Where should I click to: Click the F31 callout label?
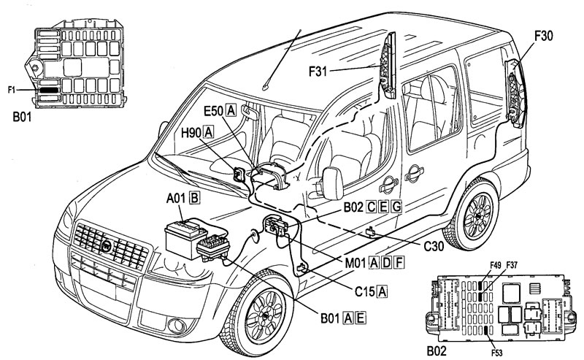click(x=318, y=71)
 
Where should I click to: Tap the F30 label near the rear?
click(x=544, y=36)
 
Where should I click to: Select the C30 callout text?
click(x=434, y=246)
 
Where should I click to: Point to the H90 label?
click(x=191, y=133)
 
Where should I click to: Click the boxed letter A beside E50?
click(x=231, y=111)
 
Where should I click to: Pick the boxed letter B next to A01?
click(x=194, y=198)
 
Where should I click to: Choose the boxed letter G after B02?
click(x=397, y=207)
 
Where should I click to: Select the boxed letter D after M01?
click(x=387, y=263)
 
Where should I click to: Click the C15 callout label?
click(x=365, y=291)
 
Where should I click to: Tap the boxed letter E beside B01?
click(x=361, y=318)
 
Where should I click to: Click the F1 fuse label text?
click(x=12, y=90)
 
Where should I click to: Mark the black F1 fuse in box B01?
click(x=49, y=90)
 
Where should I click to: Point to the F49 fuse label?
click(x=496, y=265)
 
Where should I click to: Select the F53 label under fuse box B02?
click(x=496, y=353)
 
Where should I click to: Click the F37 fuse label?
click(x=512, y=265)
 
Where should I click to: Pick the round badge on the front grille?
click(x=107, y=246)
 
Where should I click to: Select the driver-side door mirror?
click(x=333, y=183)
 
